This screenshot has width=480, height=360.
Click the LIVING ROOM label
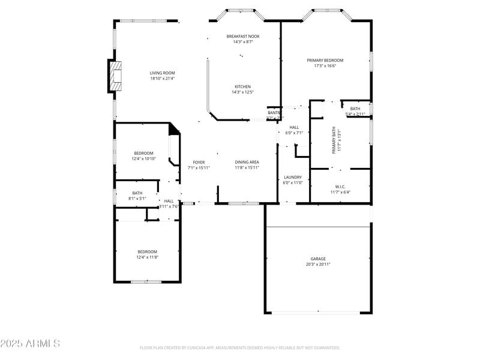point(162,73)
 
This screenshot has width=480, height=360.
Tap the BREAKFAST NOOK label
point(243,37)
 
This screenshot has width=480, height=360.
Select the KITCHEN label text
point(242,86)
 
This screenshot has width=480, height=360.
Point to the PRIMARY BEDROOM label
point(325,60)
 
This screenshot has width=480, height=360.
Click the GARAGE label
point(317,259)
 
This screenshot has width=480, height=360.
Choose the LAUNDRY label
point(293,177)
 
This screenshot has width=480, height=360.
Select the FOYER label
point(199,163)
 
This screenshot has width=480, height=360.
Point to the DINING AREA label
point(247,163)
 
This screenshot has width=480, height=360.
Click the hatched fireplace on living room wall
point(115,76)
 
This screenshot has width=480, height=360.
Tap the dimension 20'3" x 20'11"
point(317,264)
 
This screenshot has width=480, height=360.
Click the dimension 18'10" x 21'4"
point(162,78)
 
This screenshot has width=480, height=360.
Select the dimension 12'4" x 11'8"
point(147,257)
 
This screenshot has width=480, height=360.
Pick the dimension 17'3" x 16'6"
point(325,65)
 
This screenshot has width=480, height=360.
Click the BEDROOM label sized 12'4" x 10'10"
point(143,153)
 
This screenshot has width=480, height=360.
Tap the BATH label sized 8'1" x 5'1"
point(137,193)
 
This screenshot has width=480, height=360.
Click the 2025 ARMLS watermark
point(30,344)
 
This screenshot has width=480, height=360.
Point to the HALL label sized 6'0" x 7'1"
point(294,127)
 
